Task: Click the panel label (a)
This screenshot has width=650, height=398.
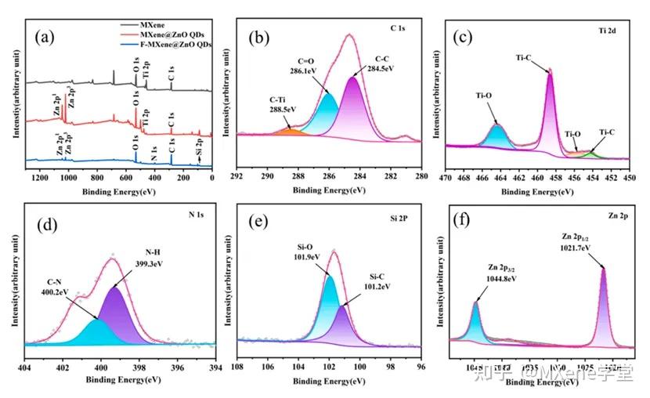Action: [x=48, y=36]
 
